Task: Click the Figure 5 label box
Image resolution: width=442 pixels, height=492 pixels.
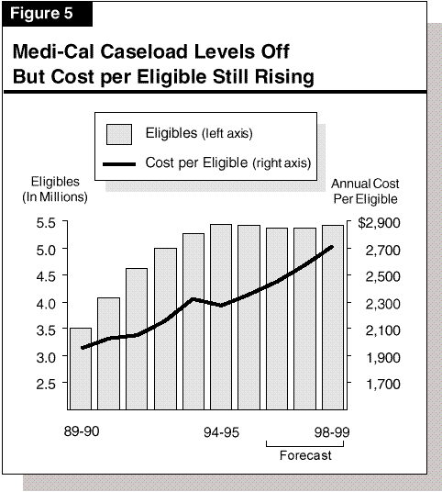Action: click(x=47, y=14)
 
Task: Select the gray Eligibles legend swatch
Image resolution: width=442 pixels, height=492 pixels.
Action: click(x=119, y=134)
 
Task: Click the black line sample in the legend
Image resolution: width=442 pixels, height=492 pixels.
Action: click(x=119, y=163)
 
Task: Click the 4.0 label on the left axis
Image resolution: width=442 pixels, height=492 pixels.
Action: click(x=46, y=304)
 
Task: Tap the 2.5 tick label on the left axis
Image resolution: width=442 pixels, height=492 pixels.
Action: click(x=46, y=384)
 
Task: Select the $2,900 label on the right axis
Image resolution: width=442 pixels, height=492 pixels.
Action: click(x=379, y=223)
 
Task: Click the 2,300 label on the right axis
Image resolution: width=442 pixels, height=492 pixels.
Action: click(x=382, y=304)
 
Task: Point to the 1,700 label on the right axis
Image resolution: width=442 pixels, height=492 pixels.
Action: click(x=382, y=384)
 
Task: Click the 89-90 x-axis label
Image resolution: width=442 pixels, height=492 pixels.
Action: click(x=82, y=431)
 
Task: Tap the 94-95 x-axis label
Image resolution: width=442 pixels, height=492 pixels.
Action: click(x=221, y=432)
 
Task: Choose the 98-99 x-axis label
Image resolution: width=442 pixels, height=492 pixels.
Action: click(x=332, y=432)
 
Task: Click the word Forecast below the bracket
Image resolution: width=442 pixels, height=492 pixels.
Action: click(x=305, y=455)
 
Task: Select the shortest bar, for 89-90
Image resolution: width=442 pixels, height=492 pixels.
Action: click(x=81, y=369)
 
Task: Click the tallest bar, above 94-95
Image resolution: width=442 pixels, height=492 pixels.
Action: click(x=221, y=317)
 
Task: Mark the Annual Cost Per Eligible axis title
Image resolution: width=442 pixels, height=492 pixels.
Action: click(x=365, y=191)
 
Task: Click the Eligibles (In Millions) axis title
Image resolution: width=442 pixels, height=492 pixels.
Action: click(x=55, y=189)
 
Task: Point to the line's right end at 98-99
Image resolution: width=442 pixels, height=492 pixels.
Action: click(x=332, y=247)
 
